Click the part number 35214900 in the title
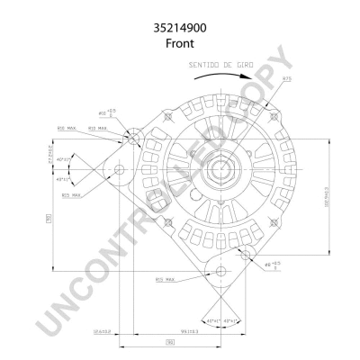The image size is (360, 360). click(179, 28)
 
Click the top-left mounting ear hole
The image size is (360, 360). click(132, 137)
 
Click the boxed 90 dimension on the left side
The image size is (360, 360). click(47, 217)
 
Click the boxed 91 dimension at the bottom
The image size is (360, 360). click(168, 343)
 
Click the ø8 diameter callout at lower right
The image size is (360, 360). click(274, 264)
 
